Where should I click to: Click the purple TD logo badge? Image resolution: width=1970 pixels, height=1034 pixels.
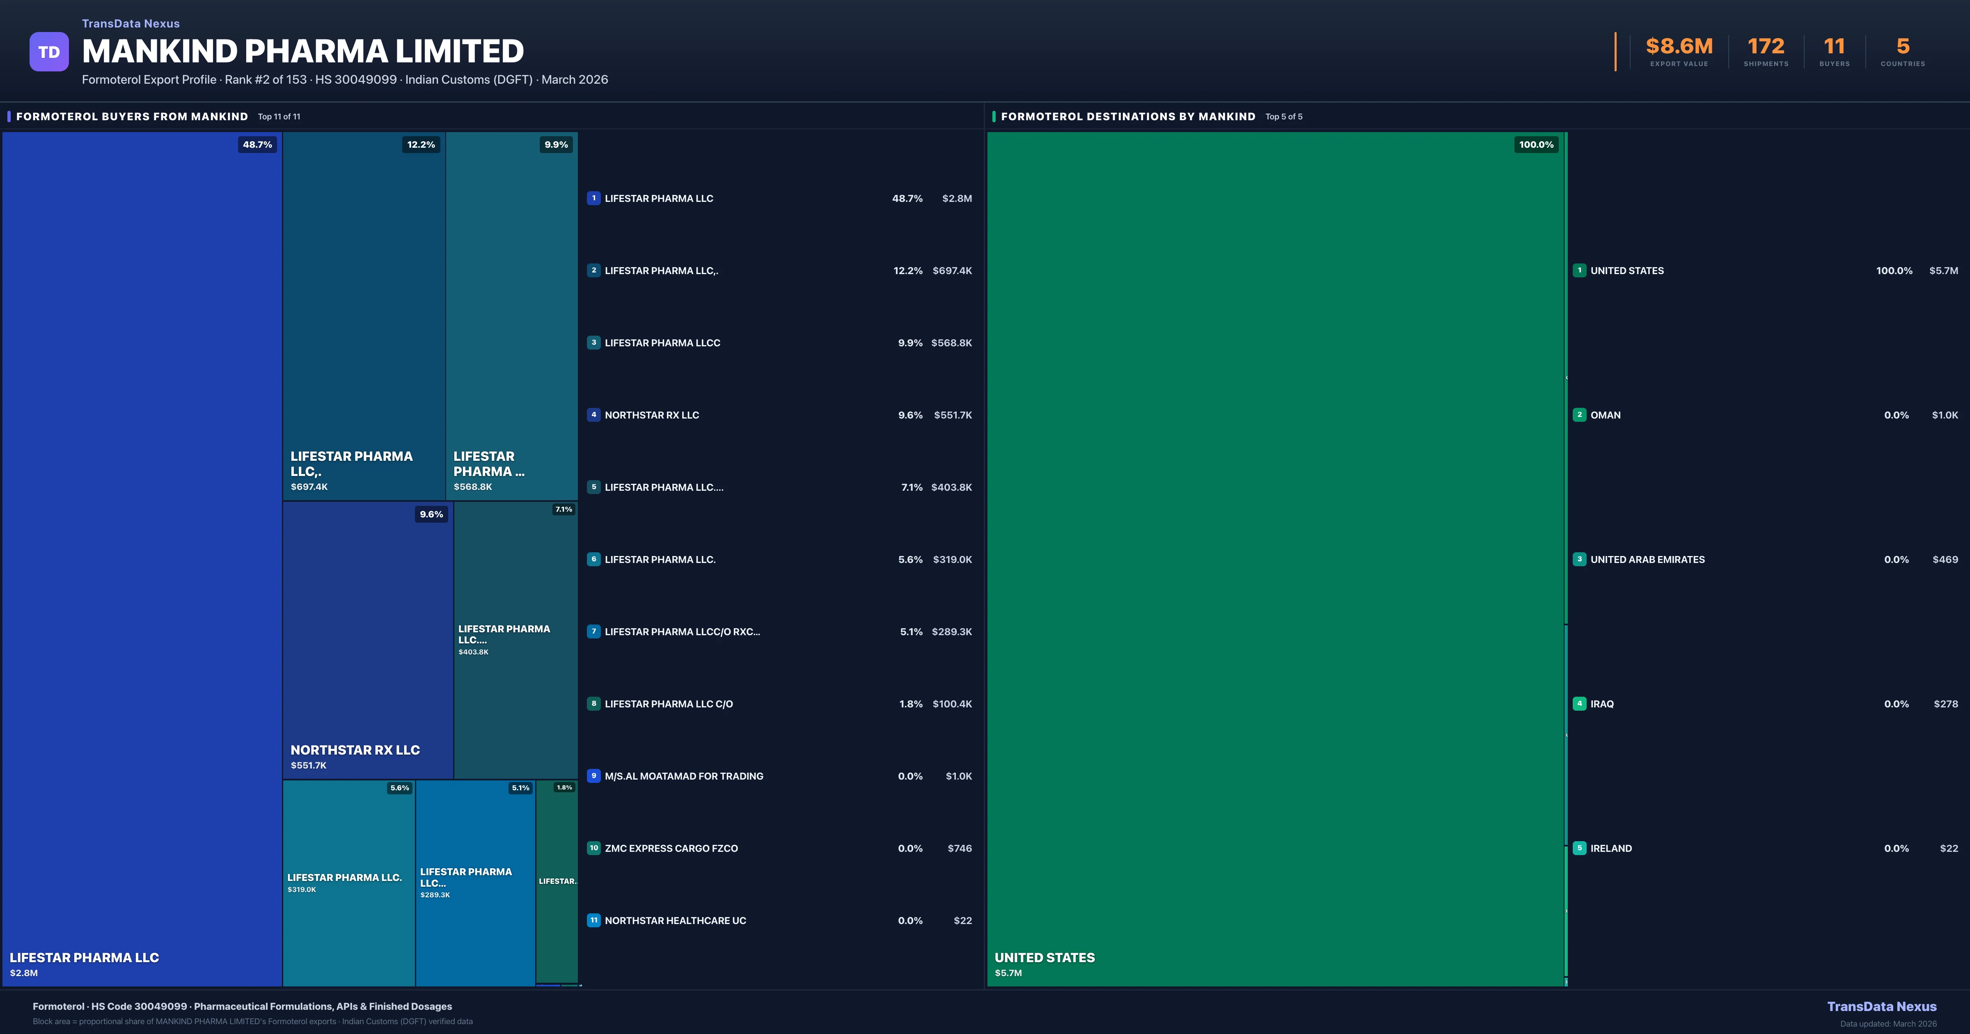[49, 52]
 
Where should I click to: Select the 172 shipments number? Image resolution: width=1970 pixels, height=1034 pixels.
[1766, 47]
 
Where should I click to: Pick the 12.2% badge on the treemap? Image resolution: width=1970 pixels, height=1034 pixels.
[421, 144]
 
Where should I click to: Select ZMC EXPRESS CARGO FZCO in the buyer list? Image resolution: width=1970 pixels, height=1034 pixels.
[671, 848]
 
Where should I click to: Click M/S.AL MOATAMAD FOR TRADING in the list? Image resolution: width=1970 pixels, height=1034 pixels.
[684, 776]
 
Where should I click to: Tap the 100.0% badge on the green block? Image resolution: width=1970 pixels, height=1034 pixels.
[1536, 144]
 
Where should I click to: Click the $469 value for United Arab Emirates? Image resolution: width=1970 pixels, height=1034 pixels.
[1945, 560]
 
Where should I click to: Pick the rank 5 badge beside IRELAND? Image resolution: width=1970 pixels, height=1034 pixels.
[1579, 848]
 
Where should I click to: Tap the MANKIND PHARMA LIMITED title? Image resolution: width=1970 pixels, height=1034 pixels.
[303, 51]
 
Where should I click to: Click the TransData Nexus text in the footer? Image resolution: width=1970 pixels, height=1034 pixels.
[1881, 1007]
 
